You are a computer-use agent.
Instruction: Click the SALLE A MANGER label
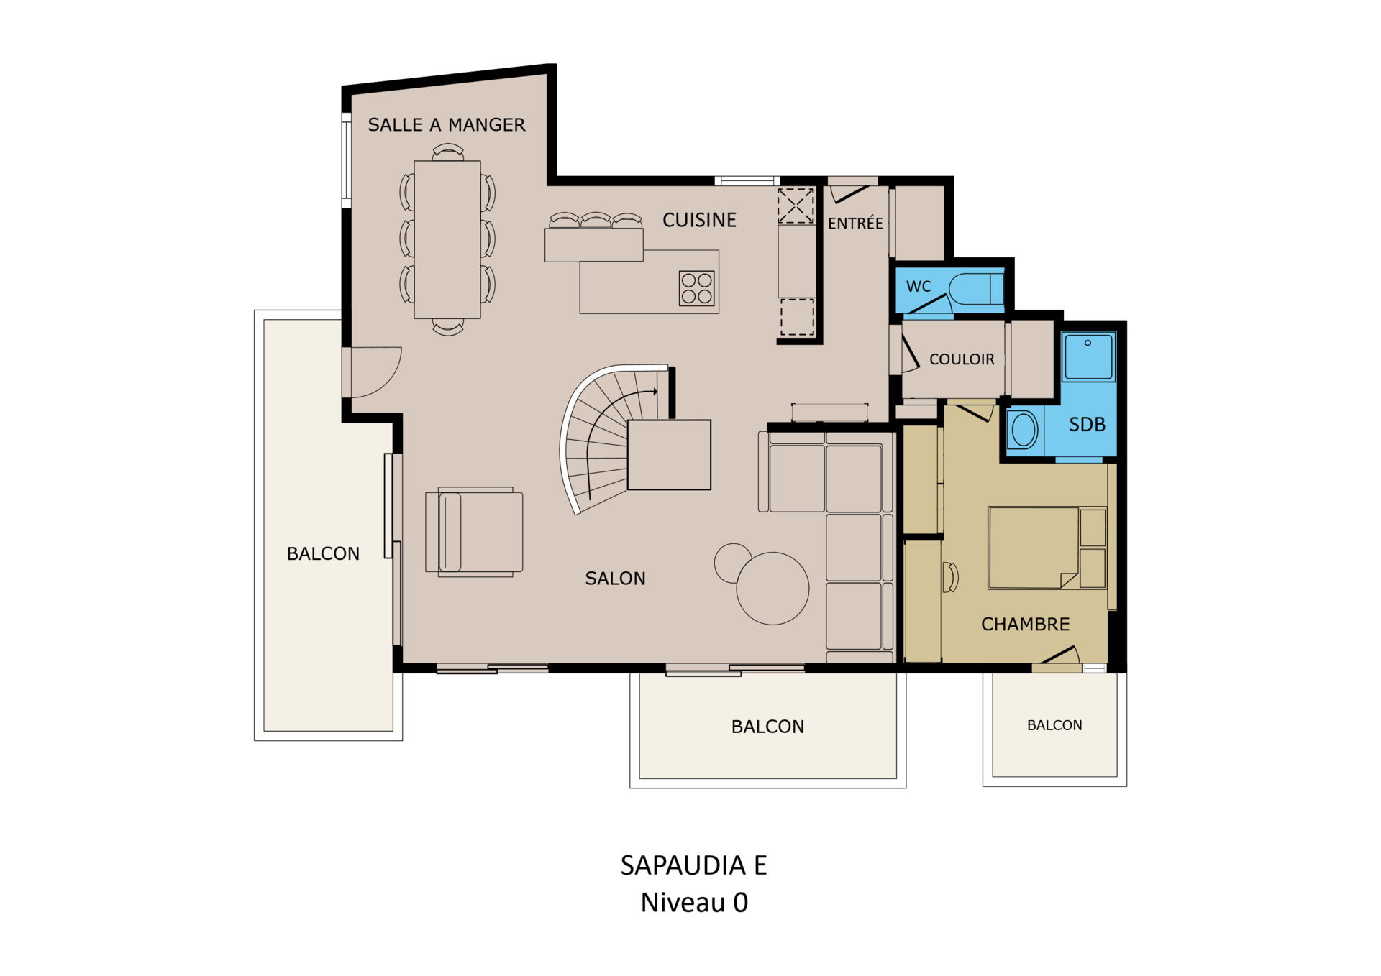point(447,125)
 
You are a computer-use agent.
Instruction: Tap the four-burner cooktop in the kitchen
point(697,288)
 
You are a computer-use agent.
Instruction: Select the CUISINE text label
point(699,220)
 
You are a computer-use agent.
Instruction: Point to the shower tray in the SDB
point(1088,356)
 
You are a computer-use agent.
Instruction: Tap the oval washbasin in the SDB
point(1024,431)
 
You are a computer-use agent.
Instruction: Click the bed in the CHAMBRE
point(1047,548)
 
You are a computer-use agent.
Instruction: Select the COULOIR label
point(962,359)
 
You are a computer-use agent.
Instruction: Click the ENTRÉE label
point(855,223)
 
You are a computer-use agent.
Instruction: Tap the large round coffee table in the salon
point(772,588)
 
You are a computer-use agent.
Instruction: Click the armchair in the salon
point(474,532)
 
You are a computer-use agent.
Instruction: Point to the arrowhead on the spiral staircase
point(654,392)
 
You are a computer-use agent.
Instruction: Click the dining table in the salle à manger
point(447,239)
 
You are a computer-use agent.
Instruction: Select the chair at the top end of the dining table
point(448,152)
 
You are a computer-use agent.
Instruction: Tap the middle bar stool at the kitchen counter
point(596,220)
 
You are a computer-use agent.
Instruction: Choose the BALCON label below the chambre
point(1054,725)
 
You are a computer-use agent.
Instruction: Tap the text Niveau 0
point(694,903)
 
